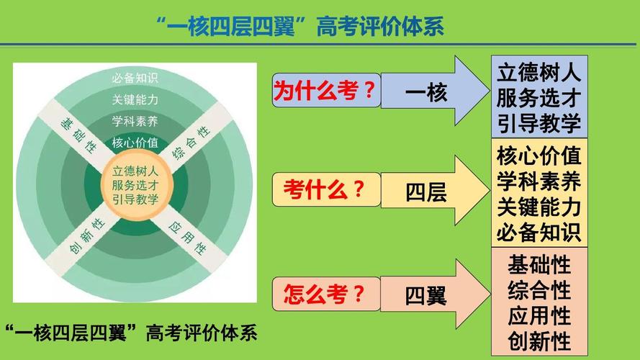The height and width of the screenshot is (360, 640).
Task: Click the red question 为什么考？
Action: pos(325,90)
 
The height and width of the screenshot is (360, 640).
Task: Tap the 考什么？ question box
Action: pos(327,189)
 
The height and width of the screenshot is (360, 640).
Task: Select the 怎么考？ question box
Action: pos(327,294)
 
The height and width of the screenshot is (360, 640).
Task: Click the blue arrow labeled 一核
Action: pos(435,91)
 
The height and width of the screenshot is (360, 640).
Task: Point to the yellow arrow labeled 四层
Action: pos(435,190)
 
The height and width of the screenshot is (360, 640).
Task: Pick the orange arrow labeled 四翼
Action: pos(435,294)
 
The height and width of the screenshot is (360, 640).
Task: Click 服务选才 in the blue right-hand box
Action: pos(538,97)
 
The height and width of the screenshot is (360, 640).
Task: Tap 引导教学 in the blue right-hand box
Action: pos(538,122)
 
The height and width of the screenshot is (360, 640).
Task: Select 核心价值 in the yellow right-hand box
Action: pos(538,156)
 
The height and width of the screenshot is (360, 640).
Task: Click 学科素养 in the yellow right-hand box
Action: pos(538,181)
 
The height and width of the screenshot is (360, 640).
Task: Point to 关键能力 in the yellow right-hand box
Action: pos(538,207)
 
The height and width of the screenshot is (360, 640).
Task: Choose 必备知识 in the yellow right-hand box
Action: pos(538,233)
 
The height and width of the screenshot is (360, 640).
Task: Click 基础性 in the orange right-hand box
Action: pos(538,265)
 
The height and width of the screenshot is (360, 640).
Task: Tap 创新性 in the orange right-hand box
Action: pos(538,341)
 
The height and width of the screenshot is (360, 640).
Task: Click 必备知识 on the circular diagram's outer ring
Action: pos(135,78)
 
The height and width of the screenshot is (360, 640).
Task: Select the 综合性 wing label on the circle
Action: pos(191,143)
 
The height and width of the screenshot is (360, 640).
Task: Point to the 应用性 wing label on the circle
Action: pos(187,238)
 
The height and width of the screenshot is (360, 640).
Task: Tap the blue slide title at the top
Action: pos(300,27)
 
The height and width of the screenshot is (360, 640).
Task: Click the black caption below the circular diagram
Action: pos(132,333)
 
